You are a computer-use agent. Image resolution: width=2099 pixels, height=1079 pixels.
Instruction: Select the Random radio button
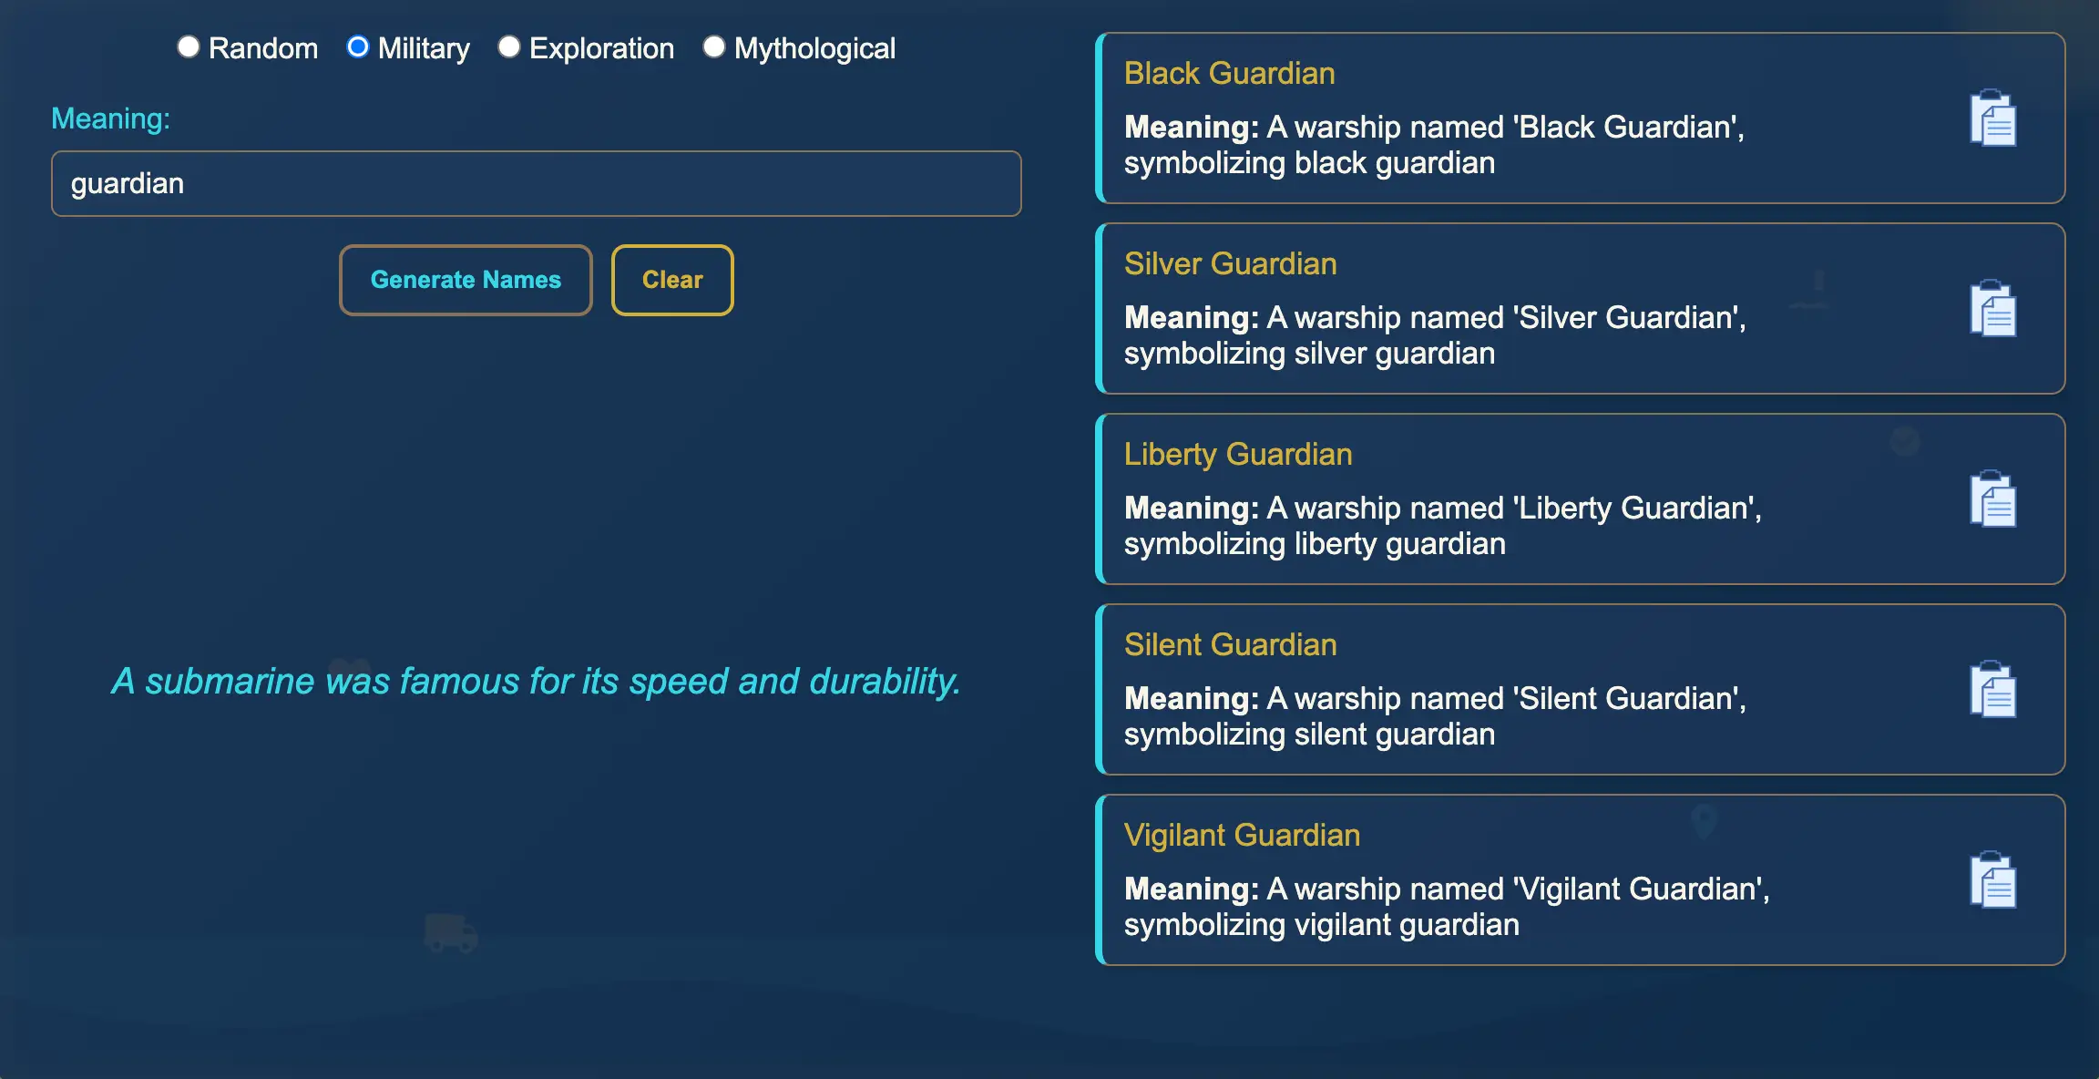189,47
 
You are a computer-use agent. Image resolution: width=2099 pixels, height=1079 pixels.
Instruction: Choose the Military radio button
358,47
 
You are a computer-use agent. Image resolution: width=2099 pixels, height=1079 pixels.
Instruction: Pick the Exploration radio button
509,47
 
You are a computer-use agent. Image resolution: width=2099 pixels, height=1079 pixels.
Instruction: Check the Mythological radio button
714,47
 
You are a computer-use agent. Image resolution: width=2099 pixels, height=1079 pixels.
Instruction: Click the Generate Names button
466,280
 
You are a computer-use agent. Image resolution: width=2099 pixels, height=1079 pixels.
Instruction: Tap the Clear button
672,280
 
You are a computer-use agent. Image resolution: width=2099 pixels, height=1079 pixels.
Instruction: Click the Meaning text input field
537,183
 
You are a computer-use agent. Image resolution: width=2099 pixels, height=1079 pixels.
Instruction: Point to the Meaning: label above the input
110,118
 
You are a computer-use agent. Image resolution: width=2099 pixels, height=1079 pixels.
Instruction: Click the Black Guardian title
1230,73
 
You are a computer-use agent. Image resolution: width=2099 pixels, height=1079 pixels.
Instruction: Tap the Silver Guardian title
1231,263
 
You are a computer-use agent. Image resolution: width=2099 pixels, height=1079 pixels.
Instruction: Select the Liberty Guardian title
1238,454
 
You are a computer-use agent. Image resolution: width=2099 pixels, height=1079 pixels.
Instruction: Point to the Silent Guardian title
1231,644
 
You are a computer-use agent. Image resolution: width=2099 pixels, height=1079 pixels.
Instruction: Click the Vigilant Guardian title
1243,835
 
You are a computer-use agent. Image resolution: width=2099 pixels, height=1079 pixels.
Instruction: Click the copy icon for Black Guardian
1993,118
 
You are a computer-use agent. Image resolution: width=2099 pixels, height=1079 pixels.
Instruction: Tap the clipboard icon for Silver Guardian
1993,308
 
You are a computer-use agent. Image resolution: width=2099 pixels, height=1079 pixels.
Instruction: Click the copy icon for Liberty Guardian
1993,498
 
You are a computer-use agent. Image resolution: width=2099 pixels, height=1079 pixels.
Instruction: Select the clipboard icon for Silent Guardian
1993,689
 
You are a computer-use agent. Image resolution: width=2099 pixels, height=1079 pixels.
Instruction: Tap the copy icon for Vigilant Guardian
1993,879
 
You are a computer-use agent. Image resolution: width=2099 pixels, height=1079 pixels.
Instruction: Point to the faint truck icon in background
451,933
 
